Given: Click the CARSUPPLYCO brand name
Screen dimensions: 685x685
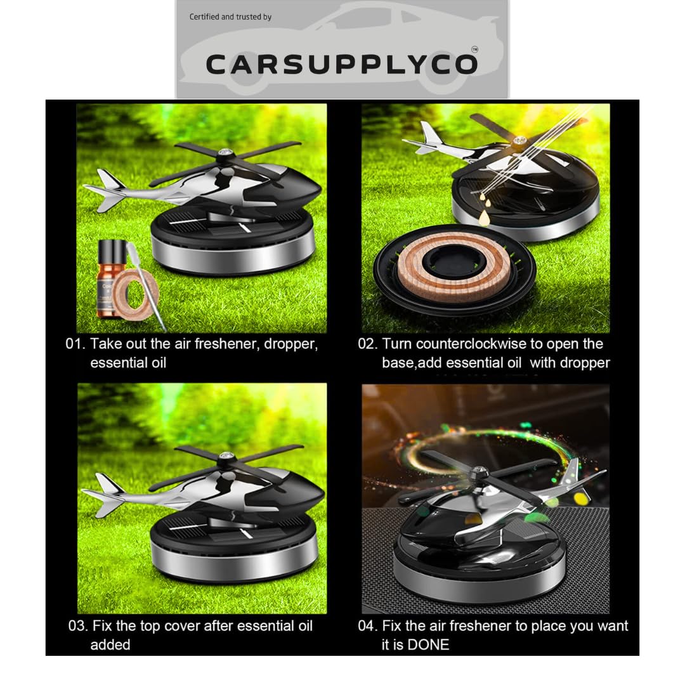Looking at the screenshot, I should coord(341,64).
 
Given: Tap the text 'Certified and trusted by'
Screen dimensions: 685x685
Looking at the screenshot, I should coord(230,16).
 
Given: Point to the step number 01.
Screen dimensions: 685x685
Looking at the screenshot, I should coord(75,344).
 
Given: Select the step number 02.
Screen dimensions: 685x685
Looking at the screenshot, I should coord(367,344).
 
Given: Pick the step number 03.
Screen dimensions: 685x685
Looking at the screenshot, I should coord(77,626).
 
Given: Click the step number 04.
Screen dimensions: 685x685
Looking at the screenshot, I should coord(367,626).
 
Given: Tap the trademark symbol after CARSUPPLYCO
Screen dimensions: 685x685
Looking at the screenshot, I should coord(474,49).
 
